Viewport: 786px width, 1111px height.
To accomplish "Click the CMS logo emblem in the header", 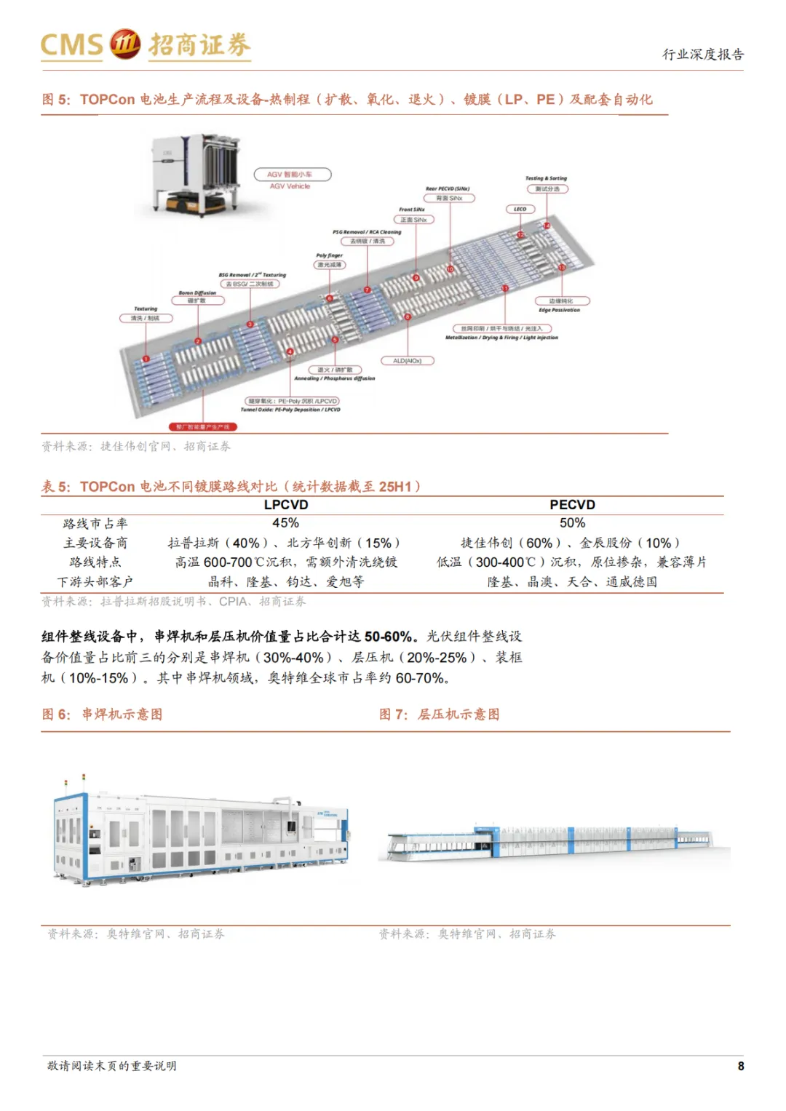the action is coord(124,44).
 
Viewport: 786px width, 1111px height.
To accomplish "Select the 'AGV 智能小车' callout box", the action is coord(293,175).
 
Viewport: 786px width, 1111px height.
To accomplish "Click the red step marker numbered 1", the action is coord(146,358).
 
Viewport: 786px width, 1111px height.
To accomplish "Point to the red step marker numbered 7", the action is coord(367,290).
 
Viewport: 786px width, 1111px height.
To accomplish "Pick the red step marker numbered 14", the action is coord(547,226).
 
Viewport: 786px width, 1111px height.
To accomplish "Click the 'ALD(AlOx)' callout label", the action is coord(408,361).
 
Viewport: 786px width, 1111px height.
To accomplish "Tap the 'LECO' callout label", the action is coord(520,210).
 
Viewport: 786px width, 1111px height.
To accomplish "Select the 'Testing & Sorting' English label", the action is coord(546,178).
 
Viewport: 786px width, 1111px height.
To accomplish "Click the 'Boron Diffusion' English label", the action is coord(197,292).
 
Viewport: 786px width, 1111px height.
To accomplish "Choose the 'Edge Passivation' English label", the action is coord(560,310).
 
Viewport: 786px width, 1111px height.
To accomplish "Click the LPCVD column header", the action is coord(286,505).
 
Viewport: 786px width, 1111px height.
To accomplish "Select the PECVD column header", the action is coord(572,505).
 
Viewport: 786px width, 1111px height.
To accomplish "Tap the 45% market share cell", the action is coord(285,523).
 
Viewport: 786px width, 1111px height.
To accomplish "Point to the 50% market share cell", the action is coord(572,523).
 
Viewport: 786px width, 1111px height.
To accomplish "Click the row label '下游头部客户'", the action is coord(95,582).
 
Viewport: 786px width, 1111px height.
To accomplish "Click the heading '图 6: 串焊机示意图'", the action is coord(102,714).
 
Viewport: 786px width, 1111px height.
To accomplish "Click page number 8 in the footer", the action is coord(741,1066).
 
